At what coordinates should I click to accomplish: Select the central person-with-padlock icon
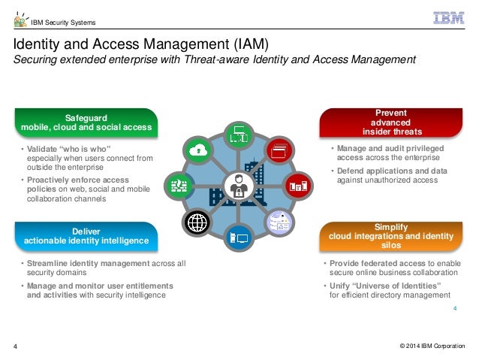[240, 185]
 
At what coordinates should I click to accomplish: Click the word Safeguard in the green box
[86, 117]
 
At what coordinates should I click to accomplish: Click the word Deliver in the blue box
[86, 231]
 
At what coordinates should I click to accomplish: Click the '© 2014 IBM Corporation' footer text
[432, 345]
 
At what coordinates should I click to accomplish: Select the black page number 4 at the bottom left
[16, 346]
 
